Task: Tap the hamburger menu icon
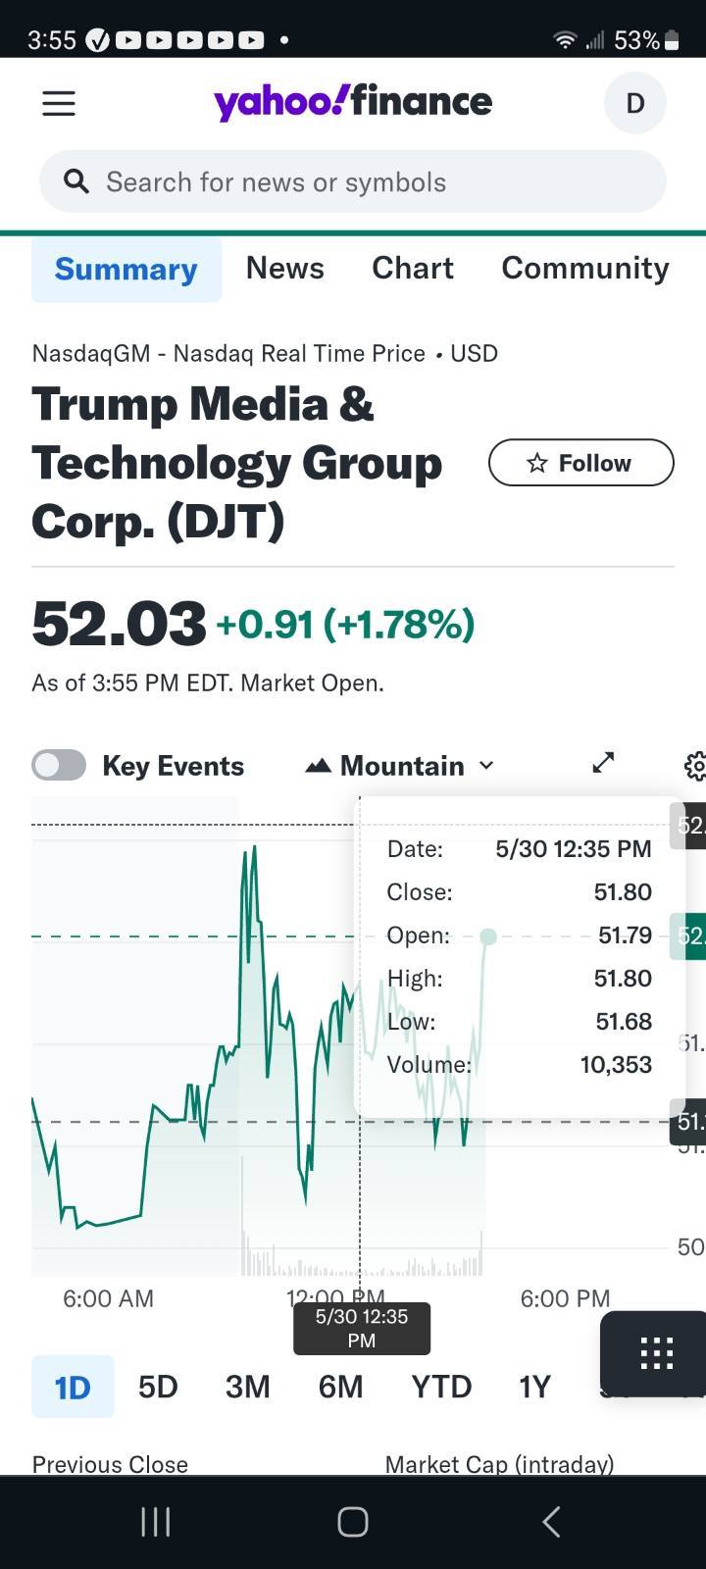(59, 103)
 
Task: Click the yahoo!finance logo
(353, 102)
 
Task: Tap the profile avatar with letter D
(634, 103)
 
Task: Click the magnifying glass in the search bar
(76, 181)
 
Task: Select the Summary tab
(126, 269)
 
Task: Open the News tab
(284, 268)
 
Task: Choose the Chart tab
(413, 268)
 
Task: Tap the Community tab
(585, 268)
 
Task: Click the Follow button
(580, 463)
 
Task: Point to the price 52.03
(119, 624)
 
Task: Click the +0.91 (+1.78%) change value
(345, 624)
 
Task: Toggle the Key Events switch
(59, 765)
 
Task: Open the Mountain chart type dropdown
(400, 765)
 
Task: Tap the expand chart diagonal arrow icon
(603, 762)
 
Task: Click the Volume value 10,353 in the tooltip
(616, 1065)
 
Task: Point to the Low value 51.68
(624, 1022)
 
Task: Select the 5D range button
(158, 1387)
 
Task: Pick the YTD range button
(441, 1387)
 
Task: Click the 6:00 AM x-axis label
(108, 1298)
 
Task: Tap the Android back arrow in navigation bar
(551, 1522)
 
